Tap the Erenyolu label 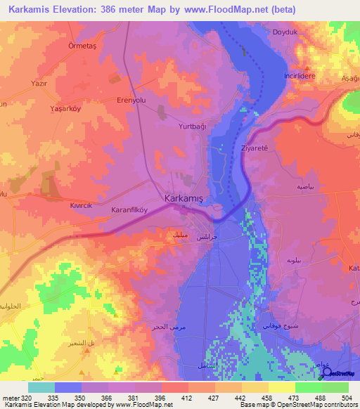[x=134, y=100]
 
